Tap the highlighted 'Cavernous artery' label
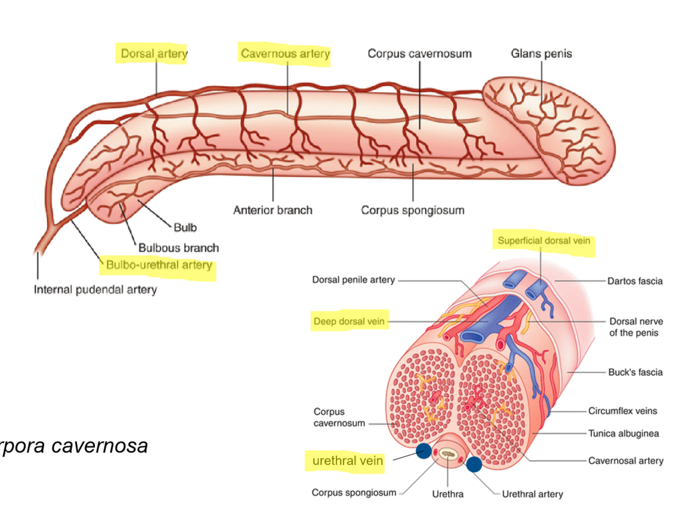point(285,54)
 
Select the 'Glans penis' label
point(541,54)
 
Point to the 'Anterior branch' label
point(272,210)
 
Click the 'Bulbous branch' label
point(178,248)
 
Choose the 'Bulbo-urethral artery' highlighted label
point(159,265)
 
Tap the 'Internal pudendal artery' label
point(95,290)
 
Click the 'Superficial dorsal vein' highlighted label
point(544,241)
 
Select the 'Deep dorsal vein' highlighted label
point(349,321)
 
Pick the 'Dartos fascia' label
point(634,281)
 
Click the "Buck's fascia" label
point(635,373)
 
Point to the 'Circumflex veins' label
point(622,411)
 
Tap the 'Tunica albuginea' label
point(623,433)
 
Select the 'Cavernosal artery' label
point(625,461)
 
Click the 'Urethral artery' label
point(532,494)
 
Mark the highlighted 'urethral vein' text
point(347,461)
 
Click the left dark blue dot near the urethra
point(424,451)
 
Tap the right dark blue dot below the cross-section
point(474,464)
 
